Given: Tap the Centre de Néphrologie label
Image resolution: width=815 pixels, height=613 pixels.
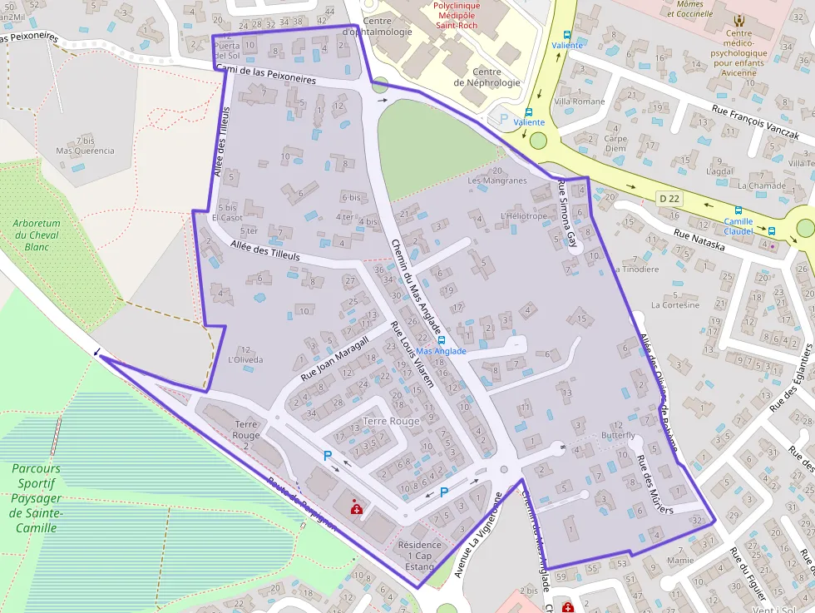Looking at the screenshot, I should [487, 77].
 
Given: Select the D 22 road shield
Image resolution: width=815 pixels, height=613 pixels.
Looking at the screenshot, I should [669, 198].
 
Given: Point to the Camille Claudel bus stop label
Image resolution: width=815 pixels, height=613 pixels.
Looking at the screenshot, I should [738, 226].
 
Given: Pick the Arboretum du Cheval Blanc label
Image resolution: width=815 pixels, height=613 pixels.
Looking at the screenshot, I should [37, 235].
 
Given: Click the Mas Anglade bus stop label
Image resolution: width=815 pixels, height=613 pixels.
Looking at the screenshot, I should [441, 351].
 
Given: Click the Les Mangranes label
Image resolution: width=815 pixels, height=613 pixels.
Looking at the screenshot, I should [497, 180].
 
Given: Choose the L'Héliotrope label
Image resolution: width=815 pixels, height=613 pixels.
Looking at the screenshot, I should [524, 216].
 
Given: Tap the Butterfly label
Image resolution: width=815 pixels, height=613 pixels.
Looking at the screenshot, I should [618, 436].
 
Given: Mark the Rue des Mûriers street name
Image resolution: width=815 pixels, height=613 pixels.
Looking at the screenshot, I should [654, 484].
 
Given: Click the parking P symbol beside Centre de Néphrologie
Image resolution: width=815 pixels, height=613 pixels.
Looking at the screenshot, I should [503, 119].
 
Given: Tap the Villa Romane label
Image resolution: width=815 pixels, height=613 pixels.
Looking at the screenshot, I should [580, 101].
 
